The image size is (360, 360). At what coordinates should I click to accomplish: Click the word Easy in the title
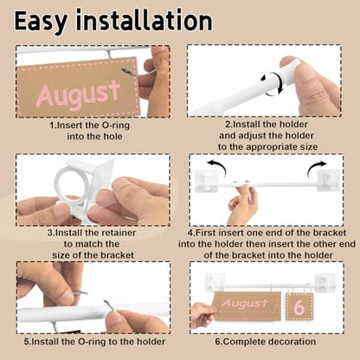[x=41, y=22]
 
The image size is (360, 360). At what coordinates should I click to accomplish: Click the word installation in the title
[x=145, y=20]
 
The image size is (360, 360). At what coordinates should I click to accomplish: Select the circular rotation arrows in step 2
[x=273, y=84]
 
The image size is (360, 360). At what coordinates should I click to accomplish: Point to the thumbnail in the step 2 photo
[x=290, y=61]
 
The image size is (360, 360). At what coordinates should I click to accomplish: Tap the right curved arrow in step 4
[x=317, y=169]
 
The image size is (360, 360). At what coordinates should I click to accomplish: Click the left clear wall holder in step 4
[x=207, y=181]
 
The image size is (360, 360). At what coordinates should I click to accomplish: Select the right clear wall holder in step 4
[x=328, y=180]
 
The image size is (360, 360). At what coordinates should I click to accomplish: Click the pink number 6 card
[x=299, y=306]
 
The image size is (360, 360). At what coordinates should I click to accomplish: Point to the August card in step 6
[x=247, y=305]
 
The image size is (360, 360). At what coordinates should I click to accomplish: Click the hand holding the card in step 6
[x=202, y=315]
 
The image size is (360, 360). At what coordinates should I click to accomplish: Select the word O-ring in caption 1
[x=116, y=125]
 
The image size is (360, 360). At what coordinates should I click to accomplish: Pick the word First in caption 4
[x=206, y=233]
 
